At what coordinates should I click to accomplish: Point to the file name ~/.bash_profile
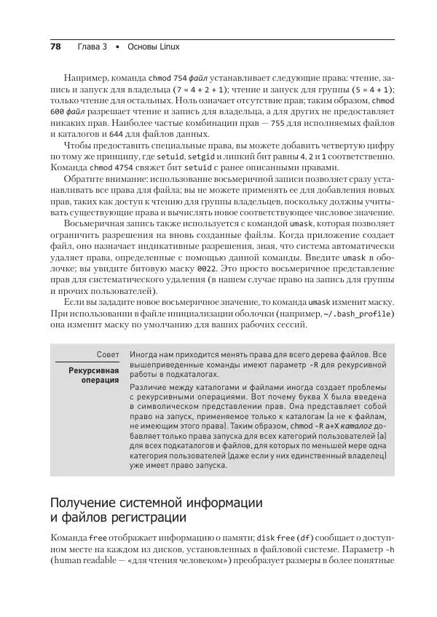pos(359,314)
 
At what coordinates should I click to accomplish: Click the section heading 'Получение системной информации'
pos(156,503)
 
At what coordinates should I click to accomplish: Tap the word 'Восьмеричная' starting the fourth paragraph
pos(93,222)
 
